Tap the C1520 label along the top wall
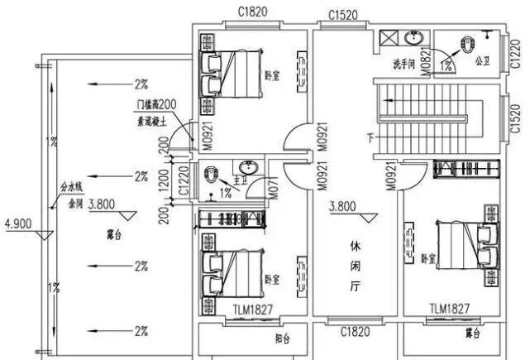(x=341, y=15)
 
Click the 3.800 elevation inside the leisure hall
(x=343, y=207)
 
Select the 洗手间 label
(x=405, y=64)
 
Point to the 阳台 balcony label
(x=282, y=338)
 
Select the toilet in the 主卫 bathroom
(x=213, y=175)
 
